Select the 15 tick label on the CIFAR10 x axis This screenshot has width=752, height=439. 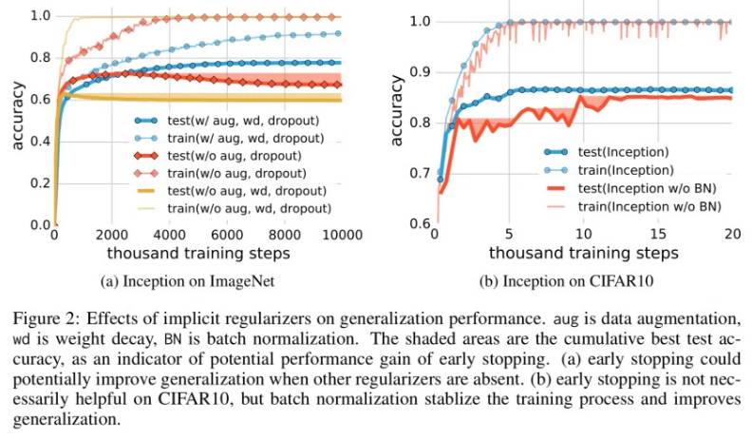[655, 236]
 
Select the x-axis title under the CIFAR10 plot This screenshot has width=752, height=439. [583, 253]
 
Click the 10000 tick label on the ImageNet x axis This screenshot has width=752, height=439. [339, 236]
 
